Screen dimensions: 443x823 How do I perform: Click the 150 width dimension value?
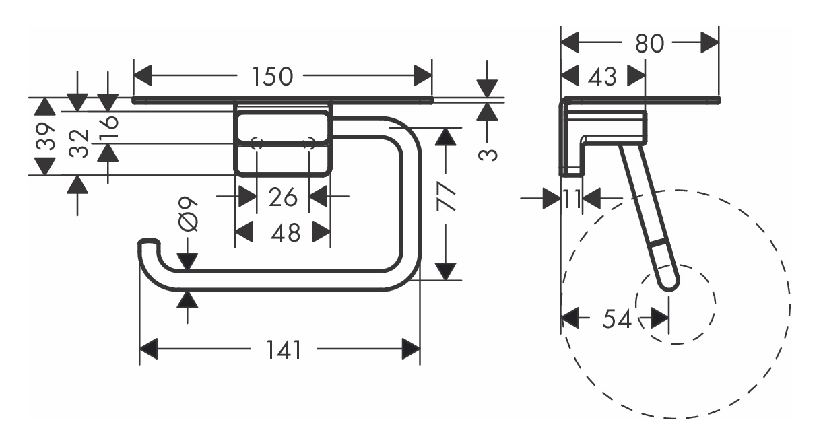(x=273, y=77)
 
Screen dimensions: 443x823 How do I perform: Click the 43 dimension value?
(x=601, y=77)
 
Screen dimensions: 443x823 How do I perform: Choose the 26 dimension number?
(x=283, y=198)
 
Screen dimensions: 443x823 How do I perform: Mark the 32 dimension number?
(x=79, y=143)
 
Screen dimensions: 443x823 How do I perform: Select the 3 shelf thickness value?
(x=490, y=154)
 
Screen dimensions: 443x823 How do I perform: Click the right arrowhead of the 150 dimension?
(x=422, y=77)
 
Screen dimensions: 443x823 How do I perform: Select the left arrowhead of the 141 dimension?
(x=149, y=350)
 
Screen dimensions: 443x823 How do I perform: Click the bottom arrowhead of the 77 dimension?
(x=445, y=271)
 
